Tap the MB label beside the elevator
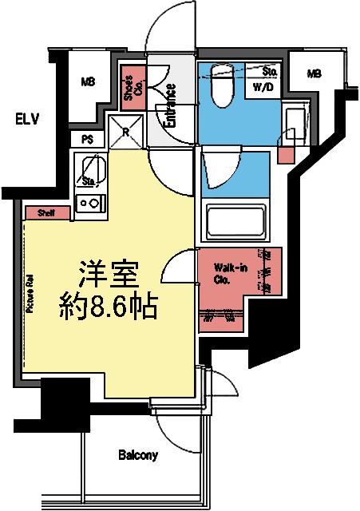click(87, 81)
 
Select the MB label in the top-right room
click(314, 74)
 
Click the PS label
click(87, 139)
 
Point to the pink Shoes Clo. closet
click(132, 89)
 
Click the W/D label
click(264, 87)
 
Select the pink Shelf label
click(45, 213)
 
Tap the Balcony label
click(138, 456)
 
